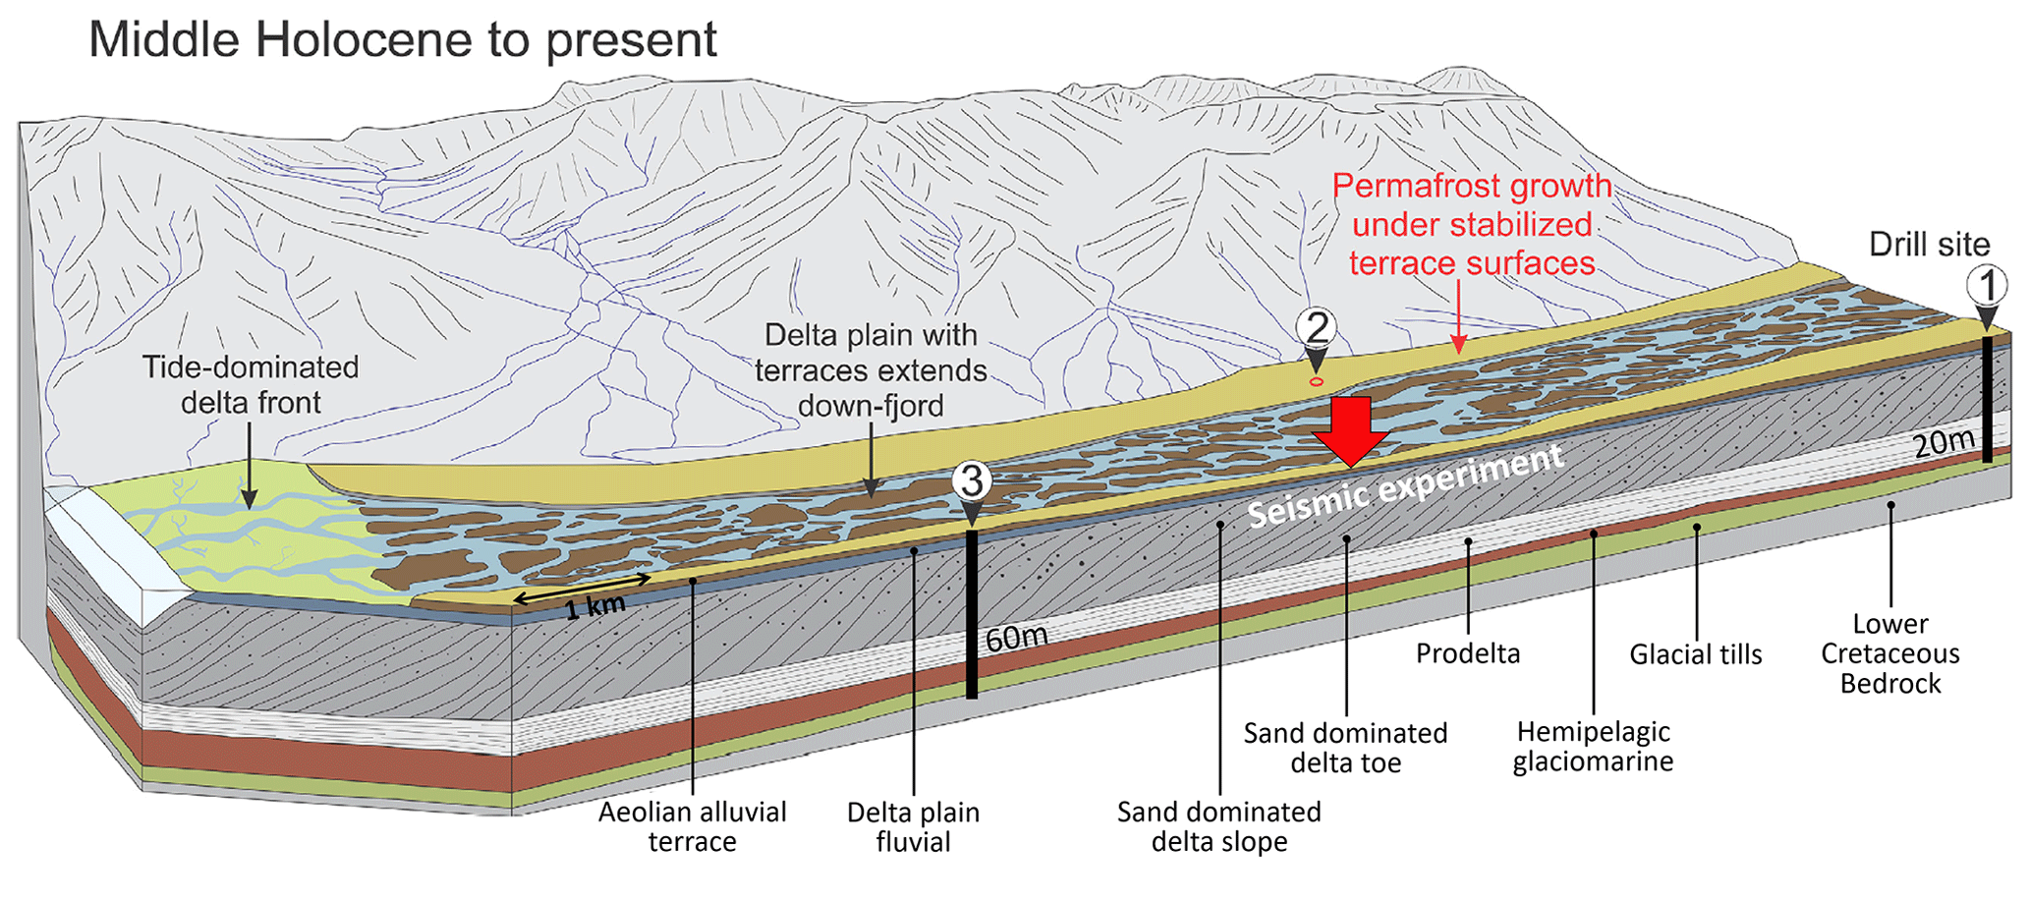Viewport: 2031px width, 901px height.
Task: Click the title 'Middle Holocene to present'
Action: (x=403, y=41)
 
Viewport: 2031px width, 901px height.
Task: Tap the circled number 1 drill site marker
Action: (x=1987, y=286)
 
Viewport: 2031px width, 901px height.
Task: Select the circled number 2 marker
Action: (x=1316, y=327)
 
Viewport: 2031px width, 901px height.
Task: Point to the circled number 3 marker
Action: (x=972, y=480)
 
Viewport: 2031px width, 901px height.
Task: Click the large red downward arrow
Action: (x=1351, y=430)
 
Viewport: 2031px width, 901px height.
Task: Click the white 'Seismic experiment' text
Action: (x=1405, y=484)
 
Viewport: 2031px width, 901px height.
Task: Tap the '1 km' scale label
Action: (x=594, y=607)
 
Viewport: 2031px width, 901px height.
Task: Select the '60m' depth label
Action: (x=1016, y=638)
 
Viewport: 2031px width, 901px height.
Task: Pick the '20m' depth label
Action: (x=1944, y=443)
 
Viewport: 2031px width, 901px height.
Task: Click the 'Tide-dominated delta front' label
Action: (x=251, y=384)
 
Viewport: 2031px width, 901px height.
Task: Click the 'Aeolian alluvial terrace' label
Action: (x=692, y=826)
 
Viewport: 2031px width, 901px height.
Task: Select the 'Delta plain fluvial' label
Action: (x=913, y=826)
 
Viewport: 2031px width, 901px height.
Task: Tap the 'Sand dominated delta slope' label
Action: (x=1218, y=826)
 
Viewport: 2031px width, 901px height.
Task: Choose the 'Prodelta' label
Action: (x=1467, y=653)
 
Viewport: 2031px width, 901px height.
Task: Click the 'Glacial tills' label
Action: (x=1695, y=654)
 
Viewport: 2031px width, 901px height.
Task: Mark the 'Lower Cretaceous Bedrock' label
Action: (x=1890, y=653)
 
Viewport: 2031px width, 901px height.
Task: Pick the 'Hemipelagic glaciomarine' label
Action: (x=1593, y=746)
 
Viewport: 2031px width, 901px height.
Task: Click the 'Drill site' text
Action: (x=1929, y=244)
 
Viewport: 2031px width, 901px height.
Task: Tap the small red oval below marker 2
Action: (x=1317, y=381)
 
